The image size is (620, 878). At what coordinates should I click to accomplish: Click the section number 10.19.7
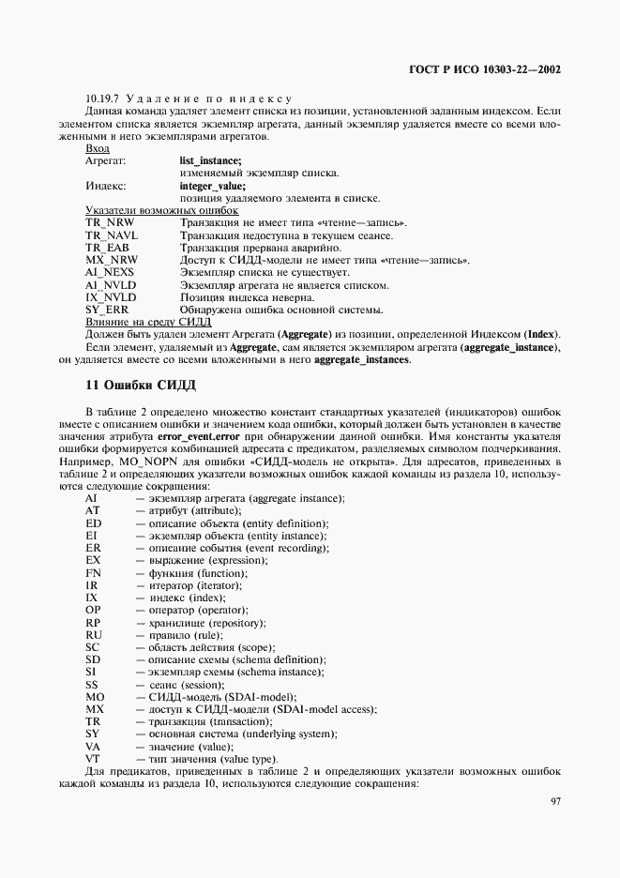(x=102, y=99)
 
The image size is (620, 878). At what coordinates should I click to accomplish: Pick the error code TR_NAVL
(x=112, y=235)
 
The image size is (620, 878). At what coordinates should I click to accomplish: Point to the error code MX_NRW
(x=111, y=260)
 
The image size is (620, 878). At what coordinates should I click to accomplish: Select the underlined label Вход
(x=97, y=149)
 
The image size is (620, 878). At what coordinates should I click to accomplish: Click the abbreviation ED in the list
(x=93, y=522)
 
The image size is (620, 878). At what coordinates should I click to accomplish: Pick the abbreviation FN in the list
(x=93, y=572)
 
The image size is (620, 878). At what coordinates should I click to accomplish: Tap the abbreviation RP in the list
(x=93, y=622)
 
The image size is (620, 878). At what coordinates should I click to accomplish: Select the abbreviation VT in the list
(x=93, y=758)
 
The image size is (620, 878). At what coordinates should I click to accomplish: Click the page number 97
(x=554, y=801)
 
